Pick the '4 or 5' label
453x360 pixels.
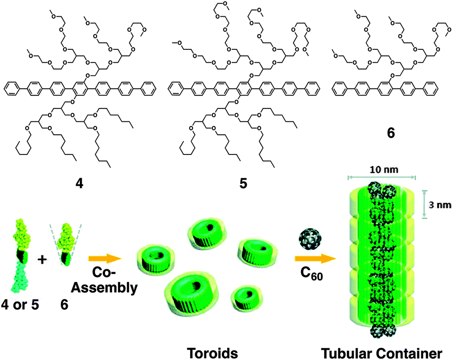(x=21, y=306)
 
